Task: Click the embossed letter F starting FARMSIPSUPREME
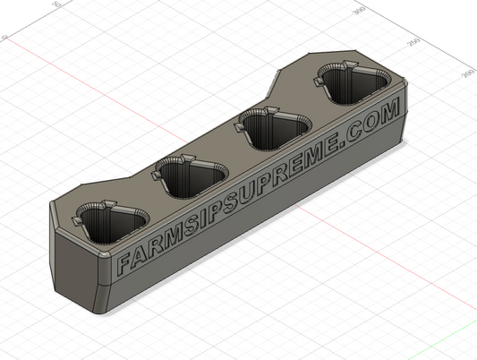pyautogui.click(x=124, y=263)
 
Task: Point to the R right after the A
pyautogui.click(x=153, y=248)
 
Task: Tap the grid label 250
pyautogui.click(x=413, y=42)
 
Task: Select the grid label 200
pyautogui.click(x=466, y=74)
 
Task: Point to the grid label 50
pyautogui.click(x=57, y=5)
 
